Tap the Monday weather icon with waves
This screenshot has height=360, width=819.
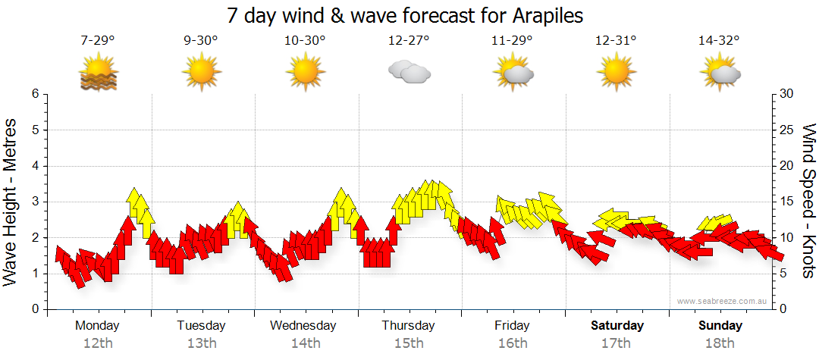(x=98, y=74)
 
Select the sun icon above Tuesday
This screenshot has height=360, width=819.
(x=201, y=74)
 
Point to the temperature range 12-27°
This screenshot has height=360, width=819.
(x=408, y=41)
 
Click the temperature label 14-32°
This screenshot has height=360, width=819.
(x=719, y=41)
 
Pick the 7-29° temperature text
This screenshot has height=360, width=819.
(x=98, y=41)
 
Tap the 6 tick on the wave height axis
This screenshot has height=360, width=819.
(x=34, y=94)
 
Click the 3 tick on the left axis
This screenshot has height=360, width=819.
(x=34, y=202)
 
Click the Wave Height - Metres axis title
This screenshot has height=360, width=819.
(x=11, y=202)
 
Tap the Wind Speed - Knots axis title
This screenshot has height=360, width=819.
(x=808, y=201)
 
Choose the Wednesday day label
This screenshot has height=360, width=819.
(x=303, y=326)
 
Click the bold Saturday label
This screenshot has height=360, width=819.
(x=617, y=326)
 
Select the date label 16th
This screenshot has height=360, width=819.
(x=513, y=343)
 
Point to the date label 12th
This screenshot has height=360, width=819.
(x=98, y=343)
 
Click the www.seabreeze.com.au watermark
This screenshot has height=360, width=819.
(x=723, y=302)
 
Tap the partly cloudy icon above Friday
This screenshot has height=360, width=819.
(x=512, y=73)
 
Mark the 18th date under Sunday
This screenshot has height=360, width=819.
(x=720, y=343)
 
